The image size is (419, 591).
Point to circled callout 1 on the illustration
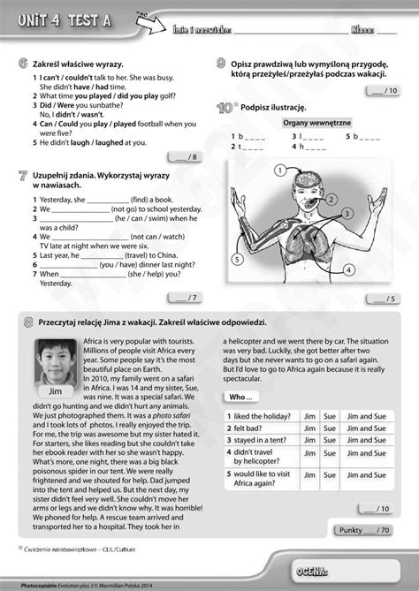(x=279, y=169)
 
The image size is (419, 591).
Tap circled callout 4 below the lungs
(x=350, y=269)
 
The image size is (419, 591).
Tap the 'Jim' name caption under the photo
(x=53, y=390)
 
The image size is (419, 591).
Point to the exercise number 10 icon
(x=225, y=108)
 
